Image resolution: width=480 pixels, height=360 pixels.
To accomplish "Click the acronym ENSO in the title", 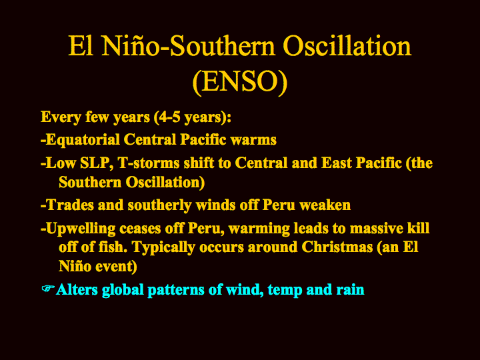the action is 240,81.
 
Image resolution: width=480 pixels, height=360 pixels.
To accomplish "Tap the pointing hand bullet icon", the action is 48,289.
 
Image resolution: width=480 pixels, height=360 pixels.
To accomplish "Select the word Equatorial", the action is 83,139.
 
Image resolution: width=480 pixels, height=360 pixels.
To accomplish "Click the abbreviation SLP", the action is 95,163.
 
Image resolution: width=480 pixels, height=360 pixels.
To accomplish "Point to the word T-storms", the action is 148,163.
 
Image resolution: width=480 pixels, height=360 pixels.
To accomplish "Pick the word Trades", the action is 69,205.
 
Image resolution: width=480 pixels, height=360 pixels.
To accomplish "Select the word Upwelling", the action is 81,229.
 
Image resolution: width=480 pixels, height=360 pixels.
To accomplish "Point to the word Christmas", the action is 337,247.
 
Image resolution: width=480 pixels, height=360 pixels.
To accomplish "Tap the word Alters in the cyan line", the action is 77,289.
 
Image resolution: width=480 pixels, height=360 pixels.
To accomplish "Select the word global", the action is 123,290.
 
